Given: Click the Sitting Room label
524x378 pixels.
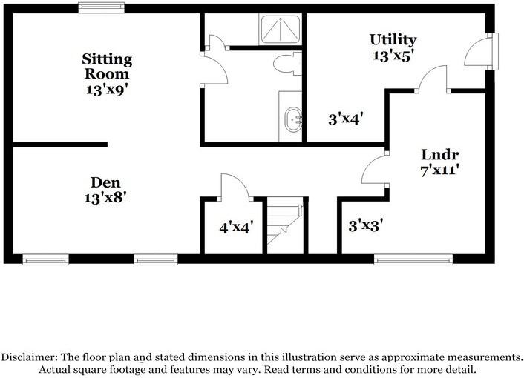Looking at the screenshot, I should pyautogui.click(x=108, y=66).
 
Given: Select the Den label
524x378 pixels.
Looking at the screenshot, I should pyautogui.click(x=105, y=182).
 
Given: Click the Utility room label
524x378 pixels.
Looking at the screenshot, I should pyautogui.click(x=393, y=39).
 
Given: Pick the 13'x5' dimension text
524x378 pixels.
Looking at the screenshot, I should pyautogui.click(x=393, y=55).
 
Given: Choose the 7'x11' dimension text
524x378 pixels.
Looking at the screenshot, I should pyautogui.click(x=440, y=170).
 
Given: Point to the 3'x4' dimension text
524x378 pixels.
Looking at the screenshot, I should pyautogui.click(x=345, y=118).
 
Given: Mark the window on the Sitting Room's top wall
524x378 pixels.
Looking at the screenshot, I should pyautogui.click(x=102, y=8).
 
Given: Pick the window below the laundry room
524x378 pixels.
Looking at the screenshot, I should pyautogui.click(x=413, y=259).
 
